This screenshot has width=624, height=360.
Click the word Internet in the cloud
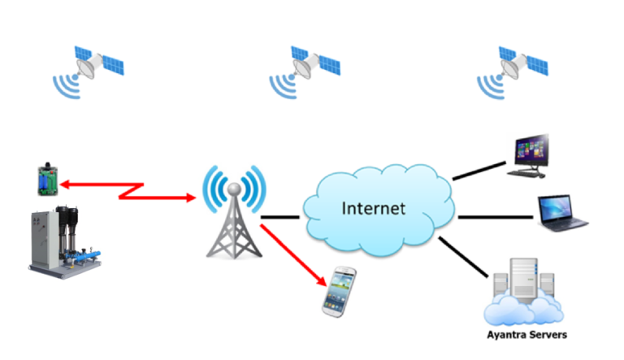tap(372, 208)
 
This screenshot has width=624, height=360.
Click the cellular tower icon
tap(234, 219)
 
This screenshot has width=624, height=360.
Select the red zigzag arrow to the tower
tap(130, 190)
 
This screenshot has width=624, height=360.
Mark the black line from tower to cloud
tap(280, 217)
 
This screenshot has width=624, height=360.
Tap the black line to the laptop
tap(496, 217)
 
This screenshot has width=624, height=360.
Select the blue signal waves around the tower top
tap(234, 184)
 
